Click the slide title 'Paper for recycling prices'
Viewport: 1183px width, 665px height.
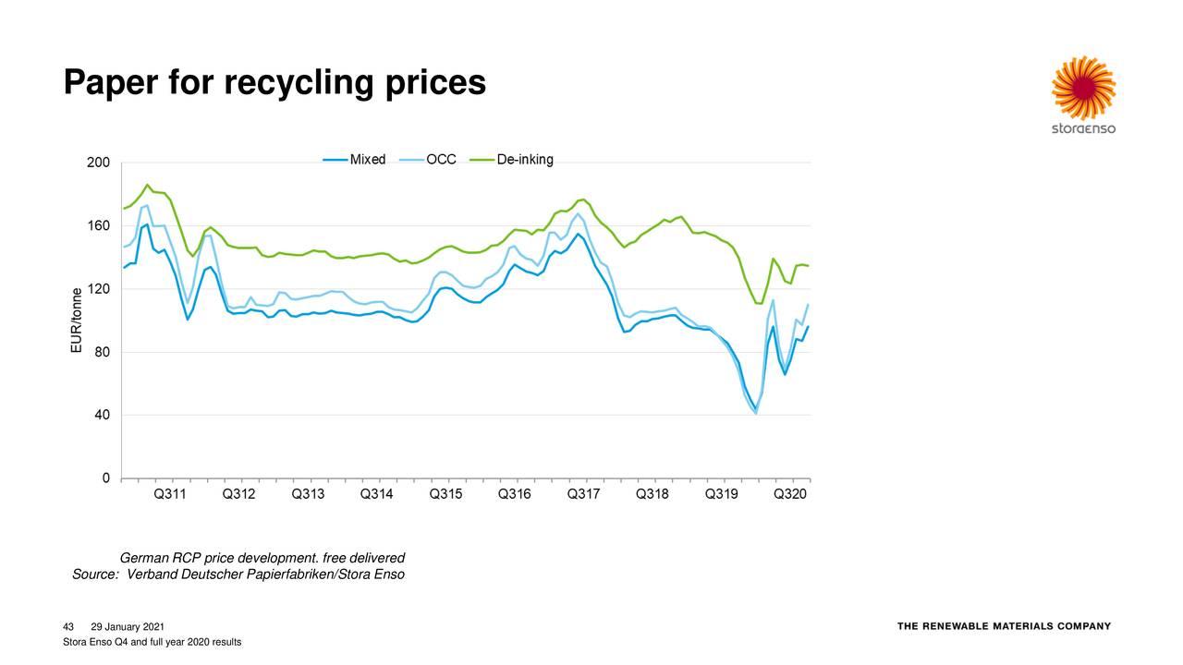[x=274, y=83]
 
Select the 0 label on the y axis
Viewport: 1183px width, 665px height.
[x=106, y=478]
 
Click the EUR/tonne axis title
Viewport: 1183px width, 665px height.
[x=77, y=320]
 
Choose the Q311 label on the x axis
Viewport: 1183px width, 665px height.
[x=170, y=495]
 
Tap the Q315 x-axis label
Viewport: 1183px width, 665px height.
[x=446, y=495]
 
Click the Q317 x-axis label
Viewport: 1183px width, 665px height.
[x=584, y=495]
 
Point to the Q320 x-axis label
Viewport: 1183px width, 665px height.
[x=790, y=495]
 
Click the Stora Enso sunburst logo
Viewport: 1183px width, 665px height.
[x=1083, y=87]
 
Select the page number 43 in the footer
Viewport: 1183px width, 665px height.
[x=67, y=627]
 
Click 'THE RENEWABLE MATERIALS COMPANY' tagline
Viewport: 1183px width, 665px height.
[x=1004, y=626]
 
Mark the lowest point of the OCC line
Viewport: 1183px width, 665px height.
[x=756, y=413]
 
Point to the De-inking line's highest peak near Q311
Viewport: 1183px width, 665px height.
[x=147, y=185]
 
